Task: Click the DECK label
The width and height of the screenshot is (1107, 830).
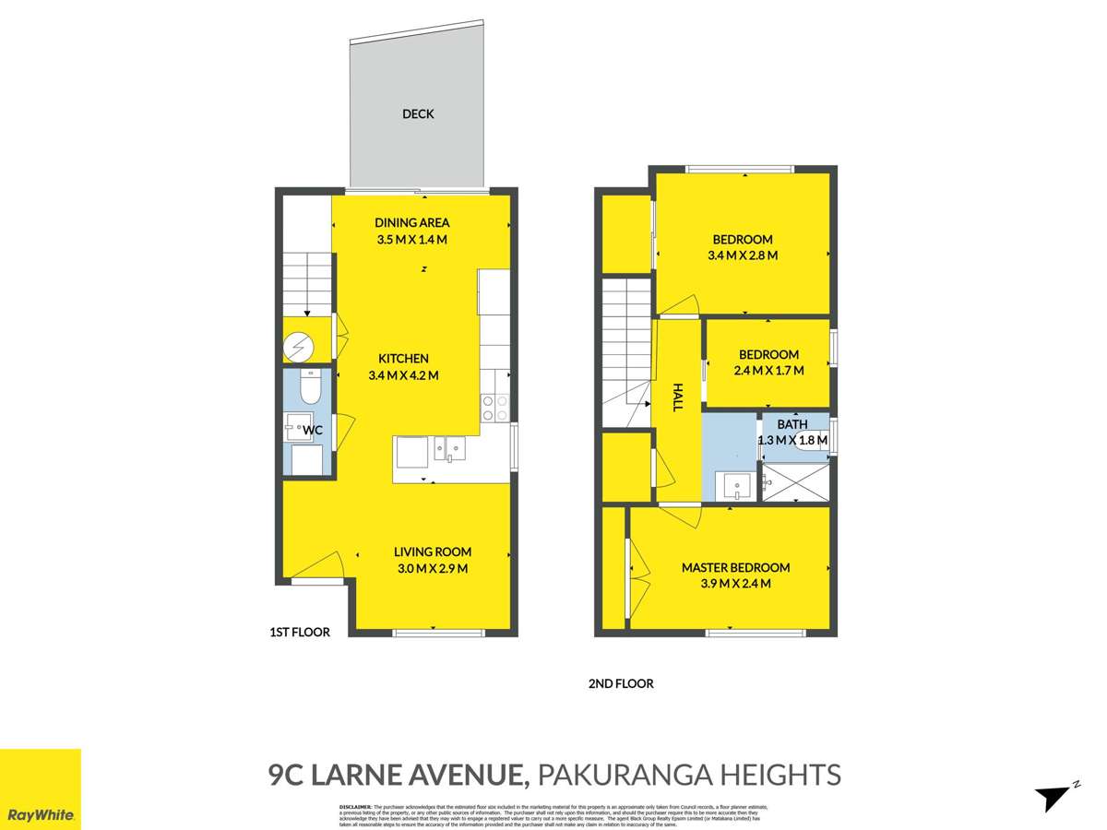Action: pyautogui.click(x=418, y=114)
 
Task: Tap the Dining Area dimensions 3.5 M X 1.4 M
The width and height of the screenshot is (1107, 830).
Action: pyautogui.click(x=411, y=240)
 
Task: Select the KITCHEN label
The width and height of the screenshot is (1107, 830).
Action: pyautogui.click(x=403, y=359)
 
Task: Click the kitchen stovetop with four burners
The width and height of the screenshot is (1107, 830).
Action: pyautogui.click(x=495, y=408)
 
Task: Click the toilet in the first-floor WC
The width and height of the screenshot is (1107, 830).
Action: pyautogui.click(x=309, y=387)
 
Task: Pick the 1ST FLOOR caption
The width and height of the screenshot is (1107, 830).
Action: pyautogui.click(x=299, y=632)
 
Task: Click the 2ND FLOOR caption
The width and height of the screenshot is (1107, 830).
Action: pyautogui.click(x=620, y=683)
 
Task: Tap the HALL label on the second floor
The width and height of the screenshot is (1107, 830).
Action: pyautogui.click(x=677, y=397)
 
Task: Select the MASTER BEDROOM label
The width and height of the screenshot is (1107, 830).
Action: pyautogui.click(x=735, y=567)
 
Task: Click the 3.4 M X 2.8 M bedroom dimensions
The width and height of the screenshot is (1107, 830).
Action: pyautogui.click(x=742, y=255)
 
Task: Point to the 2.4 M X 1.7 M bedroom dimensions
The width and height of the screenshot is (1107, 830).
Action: pyautogui.click(x=768, y=371)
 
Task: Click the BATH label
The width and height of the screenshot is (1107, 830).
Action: pyautogui.click(x=792, y=424)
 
